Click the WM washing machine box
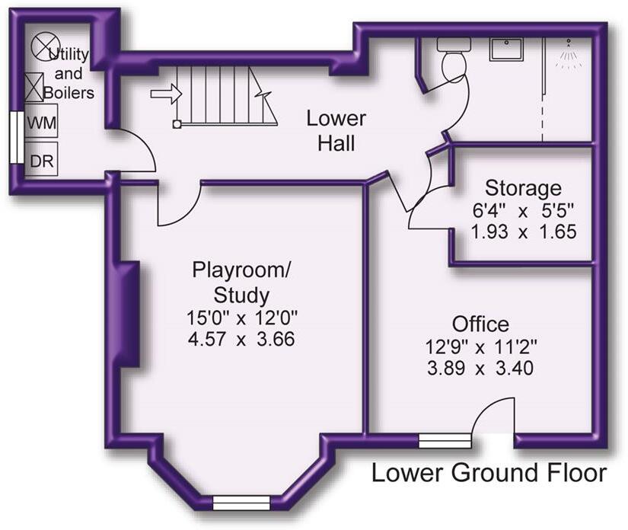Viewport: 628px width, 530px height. [41, 121]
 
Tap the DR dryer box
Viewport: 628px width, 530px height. [41, 158]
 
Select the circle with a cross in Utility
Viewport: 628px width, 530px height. [46, 46]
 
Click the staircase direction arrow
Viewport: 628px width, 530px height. [167, 94]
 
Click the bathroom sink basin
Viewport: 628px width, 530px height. [506, 49]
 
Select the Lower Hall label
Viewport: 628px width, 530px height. [336, 131]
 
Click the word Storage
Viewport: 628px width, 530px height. [523, 188]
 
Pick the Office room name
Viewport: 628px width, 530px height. [480, 324]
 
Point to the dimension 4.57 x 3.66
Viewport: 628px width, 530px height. [241, 339]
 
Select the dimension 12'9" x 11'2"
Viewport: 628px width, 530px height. [480, 346]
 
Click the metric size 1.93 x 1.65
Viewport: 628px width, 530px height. [524, 231]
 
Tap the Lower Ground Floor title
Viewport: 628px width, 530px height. [489, 473]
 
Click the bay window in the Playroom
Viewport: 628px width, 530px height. [241, 503]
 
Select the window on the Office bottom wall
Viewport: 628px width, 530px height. [445, 441]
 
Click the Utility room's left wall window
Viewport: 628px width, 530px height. [17, 137]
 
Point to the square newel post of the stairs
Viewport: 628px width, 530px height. [177, 124]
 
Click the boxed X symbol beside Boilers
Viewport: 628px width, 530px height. [34, 88]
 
